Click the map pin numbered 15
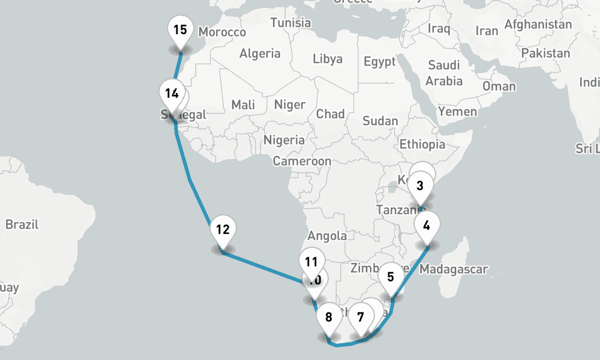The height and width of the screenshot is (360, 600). tap(180, 30)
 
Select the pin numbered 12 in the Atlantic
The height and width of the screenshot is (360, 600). tap(223, 229)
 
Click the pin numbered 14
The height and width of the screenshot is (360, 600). tap(172, 94)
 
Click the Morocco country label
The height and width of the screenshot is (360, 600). tap(222, 32)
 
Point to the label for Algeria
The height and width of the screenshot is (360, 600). tap(260, 53)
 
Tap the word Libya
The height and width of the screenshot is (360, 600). tap(328, 59)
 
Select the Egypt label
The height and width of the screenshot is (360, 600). tap(380, 62)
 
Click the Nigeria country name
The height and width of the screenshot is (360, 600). tap(284, 140)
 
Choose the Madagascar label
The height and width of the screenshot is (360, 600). tap(454, 269)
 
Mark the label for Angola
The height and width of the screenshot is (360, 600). tap(327, 236)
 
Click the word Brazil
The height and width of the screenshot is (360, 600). tap(22, 225)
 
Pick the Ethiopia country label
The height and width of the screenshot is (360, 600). tap(422, 144)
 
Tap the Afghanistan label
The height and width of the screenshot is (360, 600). tap(538, 25)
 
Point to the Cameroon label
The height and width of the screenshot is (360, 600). tap(302, 161)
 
